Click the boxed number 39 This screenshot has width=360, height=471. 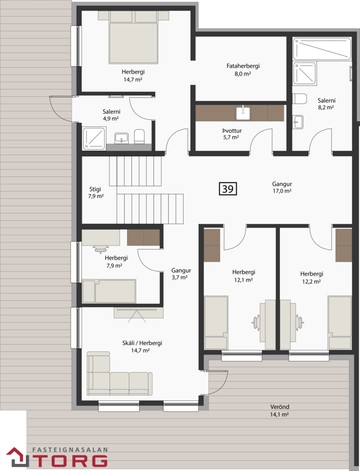click(228, 189)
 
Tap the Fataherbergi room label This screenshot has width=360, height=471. click(243, 66)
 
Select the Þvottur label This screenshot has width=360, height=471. click(232, 131)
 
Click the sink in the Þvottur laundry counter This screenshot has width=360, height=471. click(243, 113)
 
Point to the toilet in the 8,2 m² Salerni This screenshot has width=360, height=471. click(300, 99)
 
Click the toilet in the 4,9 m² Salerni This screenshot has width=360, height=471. click(139, 136)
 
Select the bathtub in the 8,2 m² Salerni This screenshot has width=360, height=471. click(322, 49)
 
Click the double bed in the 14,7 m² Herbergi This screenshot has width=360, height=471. click(133, 38)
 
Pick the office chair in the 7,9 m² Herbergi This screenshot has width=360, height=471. click(100, 249)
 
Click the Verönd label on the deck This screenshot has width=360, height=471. click(280, 407)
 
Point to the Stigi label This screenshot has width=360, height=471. click(95, 189)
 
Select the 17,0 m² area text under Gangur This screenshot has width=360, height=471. click(282, 191)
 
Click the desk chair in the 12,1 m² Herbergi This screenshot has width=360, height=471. click(256, 322)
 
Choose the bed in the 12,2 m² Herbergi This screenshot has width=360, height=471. click(340, 323)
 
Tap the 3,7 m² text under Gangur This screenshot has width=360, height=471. click(180, 277)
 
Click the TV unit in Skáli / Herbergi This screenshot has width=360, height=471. click(138, 312)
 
